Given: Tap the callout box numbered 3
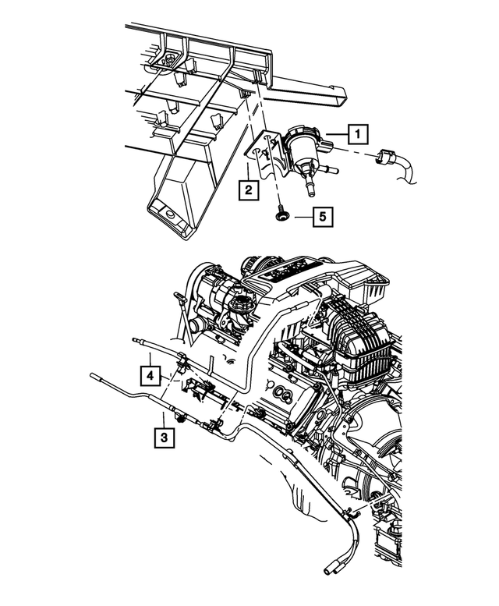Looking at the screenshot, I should click(164, 437).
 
